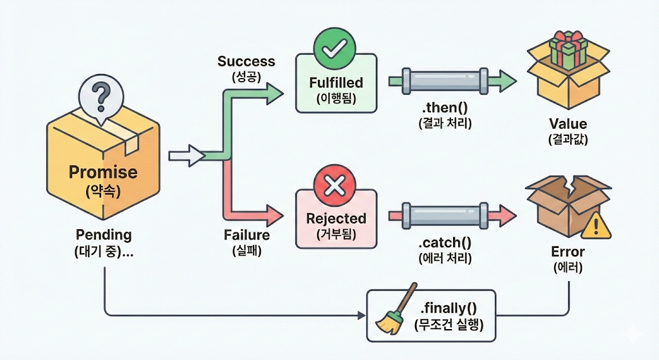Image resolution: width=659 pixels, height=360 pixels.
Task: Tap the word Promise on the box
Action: pos(103,172)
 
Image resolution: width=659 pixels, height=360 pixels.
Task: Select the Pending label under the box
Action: pos(104,234)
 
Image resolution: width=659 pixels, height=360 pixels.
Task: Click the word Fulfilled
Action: pos(336,82)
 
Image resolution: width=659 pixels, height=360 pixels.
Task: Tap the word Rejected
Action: pos(336,219)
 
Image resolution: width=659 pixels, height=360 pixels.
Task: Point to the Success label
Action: pos(246,61)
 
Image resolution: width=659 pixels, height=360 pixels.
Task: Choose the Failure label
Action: pos(246,234)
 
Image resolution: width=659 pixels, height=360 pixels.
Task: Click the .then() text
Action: pos(445,108)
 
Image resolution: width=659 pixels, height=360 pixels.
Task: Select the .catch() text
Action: pos(445,243)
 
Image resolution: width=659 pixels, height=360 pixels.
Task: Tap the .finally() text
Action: pos(449,308)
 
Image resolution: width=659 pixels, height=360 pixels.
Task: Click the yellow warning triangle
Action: pos(597,226)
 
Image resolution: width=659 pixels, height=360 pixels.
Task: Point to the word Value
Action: pos(568,124)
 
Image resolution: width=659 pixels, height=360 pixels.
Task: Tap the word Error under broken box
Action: pos(568,252)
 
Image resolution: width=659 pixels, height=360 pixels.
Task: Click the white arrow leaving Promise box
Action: pos(187,156)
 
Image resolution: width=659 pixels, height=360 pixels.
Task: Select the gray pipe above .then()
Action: pos(445,81)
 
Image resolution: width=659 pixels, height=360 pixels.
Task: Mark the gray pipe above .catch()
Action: pos(445,216)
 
